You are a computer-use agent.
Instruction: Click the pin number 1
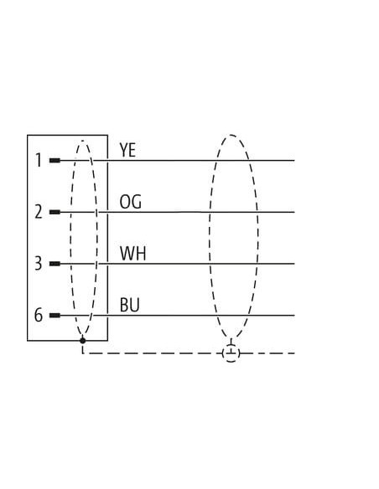pos(39,160)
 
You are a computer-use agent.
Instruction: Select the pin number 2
pos(39,212)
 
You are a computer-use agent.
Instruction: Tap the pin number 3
pos(39,264)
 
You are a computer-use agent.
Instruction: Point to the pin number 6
pos(39,315)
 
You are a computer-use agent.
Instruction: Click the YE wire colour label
pos(127,150)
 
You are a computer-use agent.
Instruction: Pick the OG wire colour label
pos(131,202)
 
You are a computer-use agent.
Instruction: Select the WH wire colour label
pos(133,253)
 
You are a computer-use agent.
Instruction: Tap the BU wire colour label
pos(130,305)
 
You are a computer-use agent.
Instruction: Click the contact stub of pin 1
pos(55,161)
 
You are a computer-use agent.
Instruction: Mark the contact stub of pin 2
pos(55,212)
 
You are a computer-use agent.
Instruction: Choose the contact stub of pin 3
pos(55,264)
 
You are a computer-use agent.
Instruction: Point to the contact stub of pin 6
pos(55,316)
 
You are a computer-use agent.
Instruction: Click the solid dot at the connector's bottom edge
pos(83,340)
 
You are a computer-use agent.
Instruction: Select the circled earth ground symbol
pos(231,353)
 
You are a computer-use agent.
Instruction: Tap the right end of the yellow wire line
pos(294,161)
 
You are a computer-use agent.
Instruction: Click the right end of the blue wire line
pos(294,316)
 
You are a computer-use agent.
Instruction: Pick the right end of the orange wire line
pos(294,212)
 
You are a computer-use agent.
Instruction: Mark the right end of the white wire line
pos(294,264)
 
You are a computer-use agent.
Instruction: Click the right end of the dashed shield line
pos(294,353)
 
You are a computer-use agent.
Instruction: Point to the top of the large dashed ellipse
pos(231,135)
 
